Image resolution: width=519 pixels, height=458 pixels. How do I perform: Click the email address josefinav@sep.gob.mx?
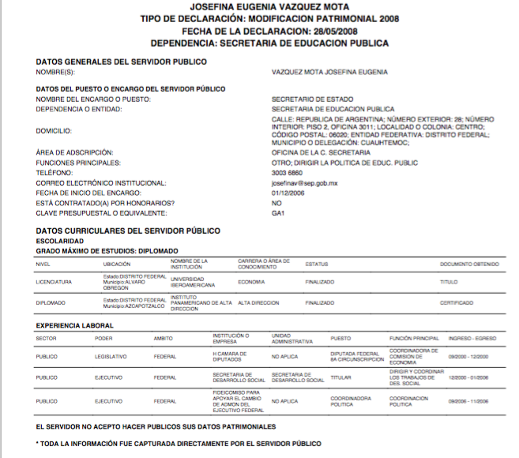tap(304, 182)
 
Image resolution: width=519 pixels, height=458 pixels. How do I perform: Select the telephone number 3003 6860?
tap(287, 172)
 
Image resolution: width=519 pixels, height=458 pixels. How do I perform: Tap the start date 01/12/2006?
tap(288, 193)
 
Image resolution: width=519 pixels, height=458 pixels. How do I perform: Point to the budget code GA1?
tap(277, 213)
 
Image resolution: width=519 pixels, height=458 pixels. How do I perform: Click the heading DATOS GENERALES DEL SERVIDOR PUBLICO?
tap(121, 62)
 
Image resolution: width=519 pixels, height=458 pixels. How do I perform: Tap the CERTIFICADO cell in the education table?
tap(457, 303)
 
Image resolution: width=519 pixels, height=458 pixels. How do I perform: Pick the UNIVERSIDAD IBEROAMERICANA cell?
tap(194, 282)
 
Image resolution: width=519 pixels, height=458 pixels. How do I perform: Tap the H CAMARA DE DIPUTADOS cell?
tap(230, 356)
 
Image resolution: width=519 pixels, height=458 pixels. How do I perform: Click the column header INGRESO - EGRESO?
tap(472, 338)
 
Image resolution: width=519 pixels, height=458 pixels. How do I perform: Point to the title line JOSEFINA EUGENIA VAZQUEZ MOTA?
tap(259, 6)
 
